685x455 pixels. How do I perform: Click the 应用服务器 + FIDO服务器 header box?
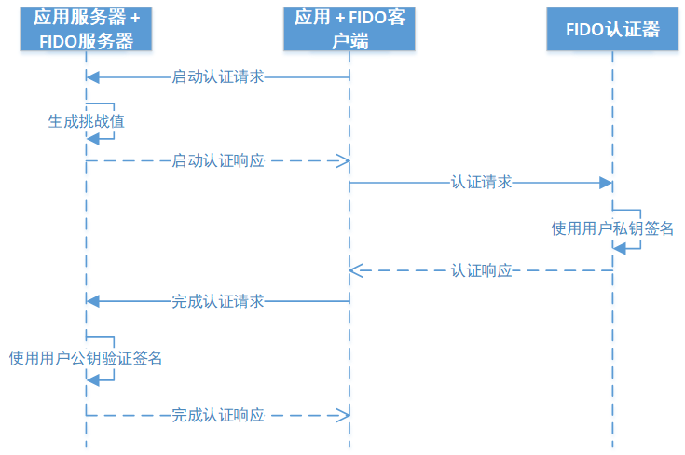click(86, 29)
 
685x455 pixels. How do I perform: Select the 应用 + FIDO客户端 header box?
click(349, 29)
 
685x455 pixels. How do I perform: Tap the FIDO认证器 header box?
click(612, 29)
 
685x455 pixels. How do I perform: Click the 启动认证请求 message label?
click(218, 76)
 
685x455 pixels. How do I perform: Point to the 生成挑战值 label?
click(86, 120)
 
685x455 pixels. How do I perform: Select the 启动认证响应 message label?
click(218, 160)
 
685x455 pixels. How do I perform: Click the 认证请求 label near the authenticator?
click(481, 183)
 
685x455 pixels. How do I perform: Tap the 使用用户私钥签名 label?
click(612, 227)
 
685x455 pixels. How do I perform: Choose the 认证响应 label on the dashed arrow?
click(481, 270)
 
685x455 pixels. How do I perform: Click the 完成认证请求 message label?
click(218, 301)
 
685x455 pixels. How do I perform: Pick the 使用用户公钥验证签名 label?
click(86, 357)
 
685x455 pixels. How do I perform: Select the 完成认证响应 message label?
click(218, 414)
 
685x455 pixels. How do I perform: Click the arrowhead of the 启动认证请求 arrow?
click(92, 76)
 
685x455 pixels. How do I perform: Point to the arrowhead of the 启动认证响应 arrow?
click(343, 160)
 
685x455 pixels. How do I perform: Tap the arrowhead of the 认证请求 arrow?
click(606, 183)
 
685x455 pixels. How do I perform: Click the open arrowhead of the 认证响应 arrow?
click(355, 270)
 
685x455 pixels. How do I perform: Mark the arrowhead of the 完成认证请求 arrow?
click(92, 301)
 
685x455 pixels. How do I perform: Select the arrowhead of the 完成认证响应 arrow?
click(343, 414)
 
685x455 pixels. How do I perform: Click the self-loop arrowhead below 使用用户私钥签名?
click(619, 247)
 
